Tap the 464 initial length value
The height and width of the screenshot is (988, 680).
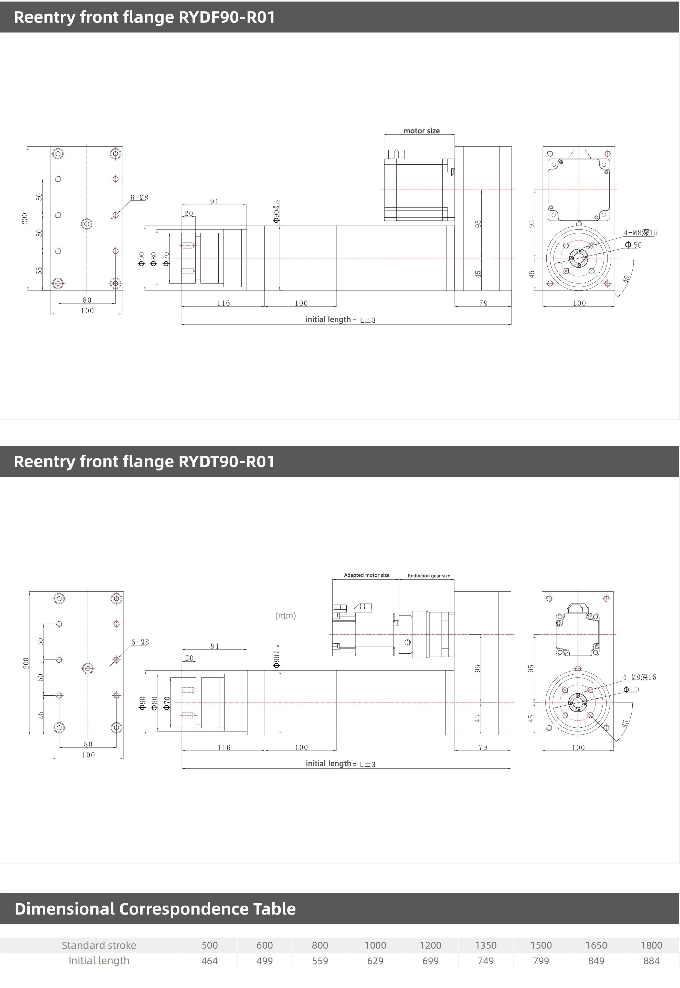coord(210,961)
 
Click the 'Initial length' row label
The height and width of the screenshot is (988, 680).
coord(99,960)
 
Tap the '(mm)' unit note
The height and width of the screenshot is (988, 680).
coord(285,616)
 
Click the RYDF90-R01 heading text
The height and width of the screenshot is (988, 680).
coord(227,17)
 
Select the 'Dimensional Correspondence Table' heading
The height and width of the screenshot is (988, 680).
coord(155,909)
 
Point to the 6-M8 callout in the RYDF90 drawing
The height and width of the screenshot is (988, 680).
coord(139,197)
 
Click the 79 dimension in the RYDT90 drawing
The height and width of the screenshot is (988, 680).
coord(483,747)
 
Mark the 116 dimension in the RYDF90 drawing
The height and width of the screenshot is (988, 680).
coord(223,303)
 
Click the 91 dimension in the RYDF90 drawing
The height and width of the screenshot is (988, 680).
coord(214,201)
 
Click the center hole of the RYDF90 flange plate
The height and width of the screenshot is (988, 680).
coord(87,224)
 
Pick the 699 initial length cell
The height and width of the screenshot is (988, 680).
coord(430,961)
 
